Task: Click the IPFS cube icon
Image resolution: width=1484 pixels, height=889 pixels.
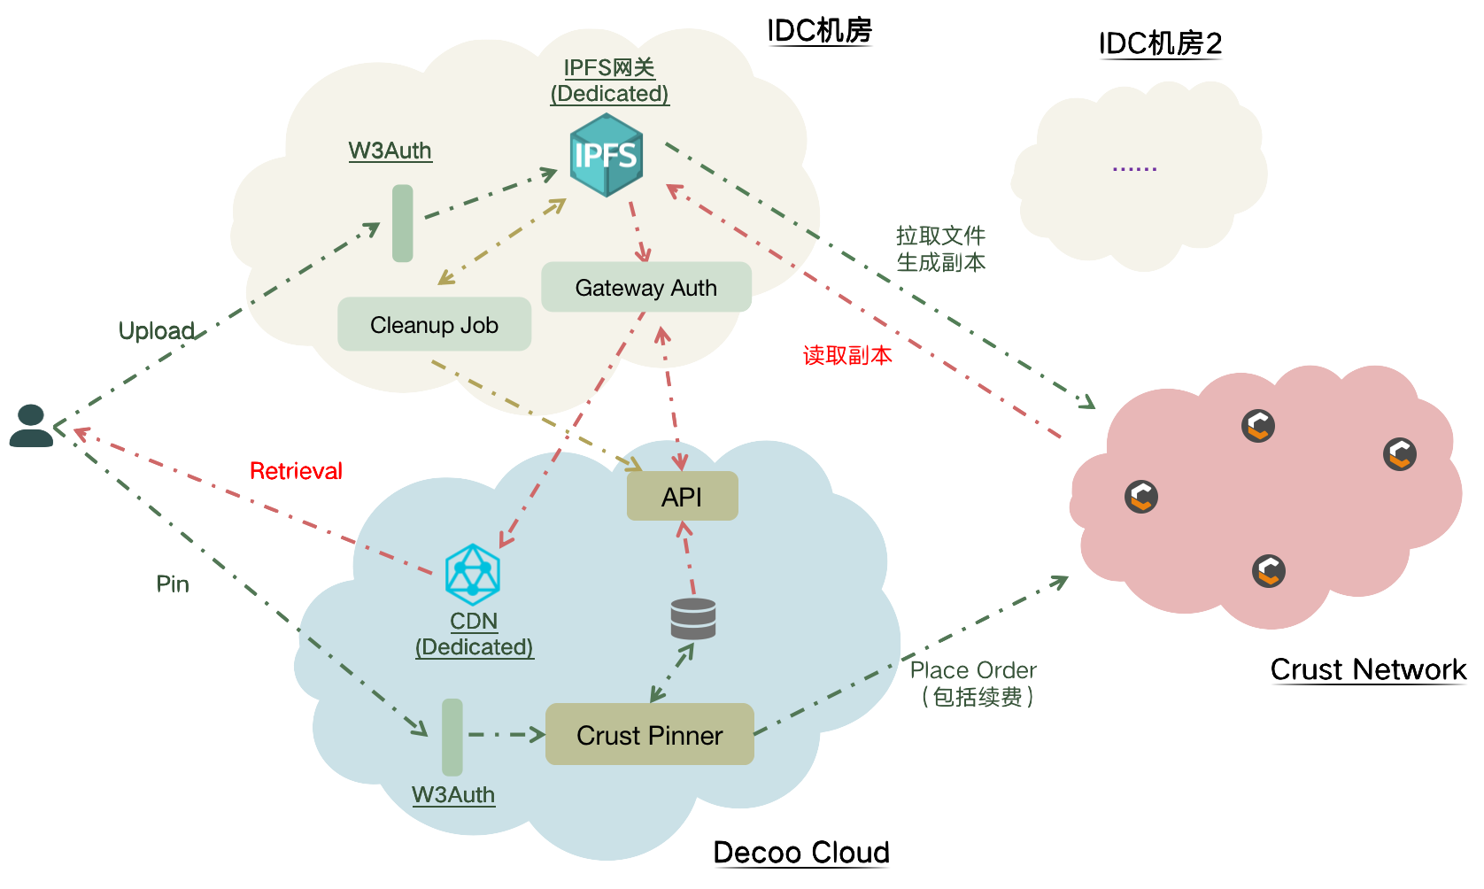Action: (x=606, y=156)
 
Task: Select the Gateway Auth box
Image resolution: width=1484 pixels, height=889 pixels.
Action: (x=646, y=288)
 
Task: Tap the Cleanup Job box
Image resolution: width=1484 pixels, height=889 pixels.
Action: (x=434, y=325)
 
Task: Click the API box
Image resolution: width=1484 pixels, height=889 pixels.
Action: (x=682, y=497)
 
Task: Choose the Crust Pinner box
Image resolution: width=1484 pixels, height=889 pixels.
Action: (x=649, y=735)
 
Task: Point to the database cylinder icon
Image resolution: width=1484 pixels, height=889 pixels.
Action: (x=693, y=619)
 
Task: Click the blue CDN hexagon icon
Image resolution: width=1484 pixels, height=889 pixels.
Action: (x=473, y=574)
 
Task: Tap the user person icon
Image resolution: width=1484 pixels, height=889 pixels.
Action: (x=30, y=426)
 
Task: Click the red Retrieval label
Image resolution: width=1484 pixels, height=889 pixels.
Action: (x=296, y=471)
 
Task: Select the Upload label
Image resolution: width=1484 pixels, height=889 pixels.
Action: (x=157, y=331)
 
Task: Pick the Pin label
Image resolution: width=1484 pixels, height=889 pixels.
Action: (x=173, y=584)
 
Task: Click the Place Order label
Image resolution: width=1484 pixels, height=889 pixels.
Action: (x=973, y=670)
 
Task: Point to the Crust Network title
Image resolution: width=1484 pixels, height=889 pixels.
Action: (x=1368, y=669)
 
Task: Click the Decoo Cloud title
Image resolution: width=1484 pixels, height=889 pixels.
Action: (x=801, y=852)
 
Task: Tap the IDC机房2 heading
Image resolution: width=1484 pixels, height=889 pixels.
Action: (x=1161, y=43)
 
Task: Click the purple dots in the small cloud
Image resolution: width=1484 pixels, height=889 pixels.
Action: (x=1134, y=168)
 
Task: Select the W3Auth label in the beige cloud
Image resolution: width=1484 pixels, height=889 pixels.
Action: (x=390, y=151)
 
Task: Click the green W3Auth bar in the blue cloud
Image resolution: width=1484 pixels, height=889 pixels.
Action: (x=452, y=737)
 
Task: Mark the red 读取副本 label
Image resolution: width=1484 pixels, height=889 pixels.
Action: (x=847, y=356)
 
